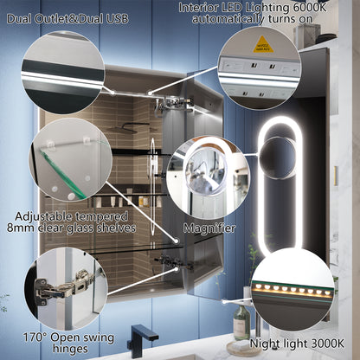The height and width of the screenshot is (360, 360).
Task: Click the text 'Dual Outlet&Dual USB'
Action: pos(73,17)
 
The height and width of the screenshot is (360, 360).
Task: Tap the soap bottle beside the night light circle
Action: pos(241,325)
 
